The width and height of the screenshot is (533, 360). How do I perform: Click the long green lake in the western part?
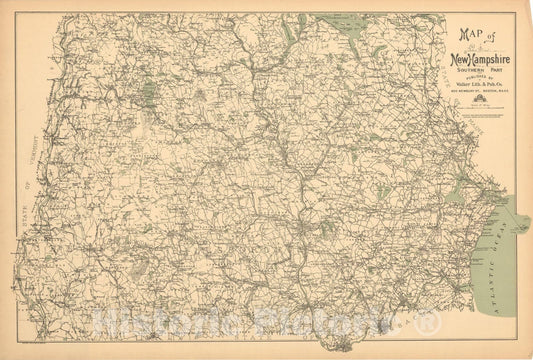pyautogui.click(x=150, y=95)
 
